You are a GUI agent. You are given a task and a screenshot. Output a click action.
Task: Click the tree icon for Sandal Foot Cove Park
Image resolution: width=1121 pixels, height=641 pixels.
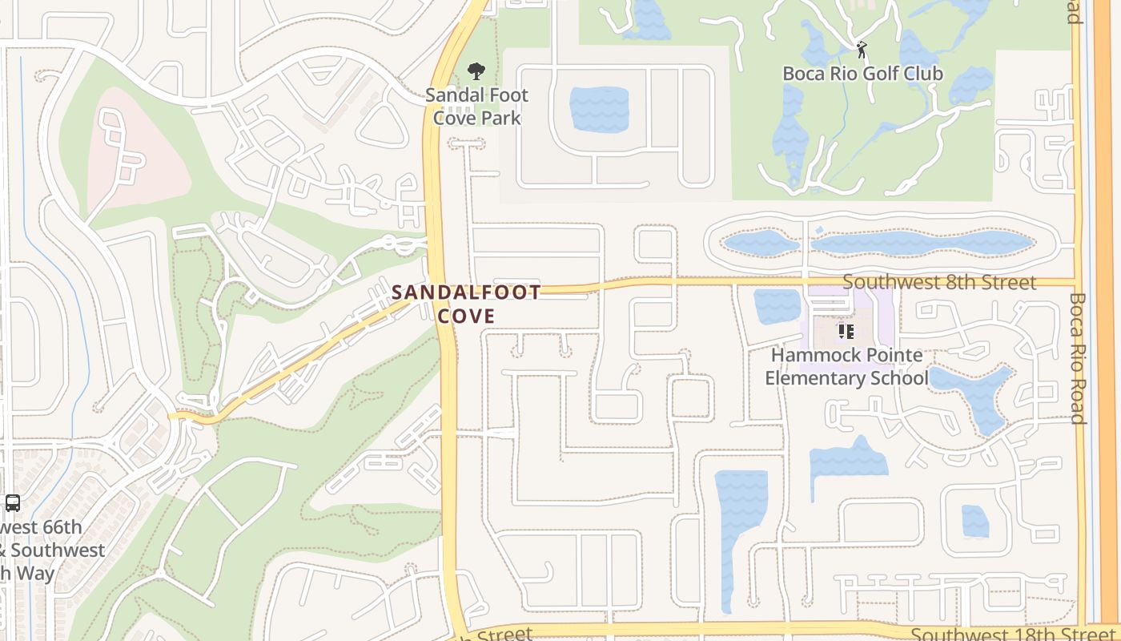click(476, 71)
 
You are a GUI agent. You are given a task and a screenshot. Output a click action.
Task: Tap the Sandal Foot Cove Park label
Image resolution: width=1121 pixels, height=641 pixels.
click(476, 107)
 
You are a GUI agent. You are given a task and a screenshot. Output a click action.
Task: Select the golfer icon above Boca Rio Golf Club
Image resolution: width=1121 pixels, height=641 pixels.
click(862, 50)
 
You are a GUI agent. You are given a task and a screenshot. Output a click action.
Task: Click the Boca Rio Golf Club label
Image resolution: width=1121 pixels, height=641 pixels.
click(862, 74)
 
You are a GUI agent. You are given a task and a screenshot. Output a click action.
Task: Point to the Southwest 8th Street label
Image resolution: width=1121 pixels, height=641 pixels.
click(939, 282)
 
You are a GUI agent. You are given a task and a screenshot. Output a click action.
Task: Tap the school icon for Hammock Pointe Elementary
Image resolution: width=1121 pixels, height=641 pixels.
click(846, 331)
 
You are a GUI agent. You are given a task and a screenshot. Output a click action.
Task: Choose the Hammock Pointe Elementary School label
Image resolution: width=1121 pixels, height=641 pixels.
click(846, 366)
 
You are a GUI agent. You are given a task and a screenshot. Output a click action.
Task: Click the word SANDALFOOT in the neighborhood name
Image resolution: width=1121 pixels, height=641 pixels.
click(466, 292)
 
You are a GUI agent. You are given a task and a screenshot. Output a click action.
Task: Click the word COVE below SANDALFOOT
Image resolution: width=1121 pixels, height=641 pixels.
click(466, 316)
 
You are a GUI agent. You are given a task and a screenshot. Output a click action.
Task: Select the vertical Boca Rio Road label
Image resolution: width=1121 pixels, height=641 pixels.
click(1077, 358)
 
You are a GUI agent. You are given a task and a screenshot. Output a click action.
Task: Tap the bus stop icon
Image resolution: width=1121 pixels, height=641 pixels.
click(12, 503)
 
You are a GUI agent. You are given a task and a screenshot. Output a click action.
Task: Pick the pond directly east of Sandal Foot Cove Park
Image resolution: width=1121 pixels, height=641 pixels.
click(599, 109)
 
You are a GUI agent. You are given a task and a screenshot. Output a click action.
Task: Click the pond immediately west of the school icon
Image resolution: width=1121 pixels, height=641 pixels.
click(777, 306)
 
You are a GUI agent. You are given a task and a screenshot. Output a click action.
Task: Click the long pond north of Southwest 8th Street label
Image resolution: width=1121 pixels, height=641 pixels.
click(921, 244)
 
